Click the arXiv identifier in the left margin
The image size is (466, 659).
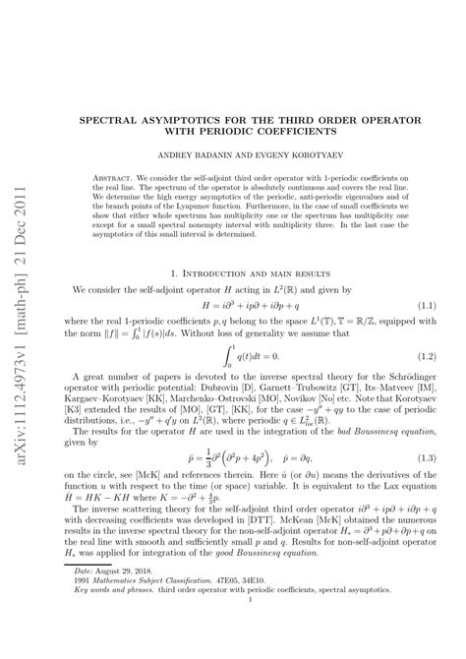(23, 308)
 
